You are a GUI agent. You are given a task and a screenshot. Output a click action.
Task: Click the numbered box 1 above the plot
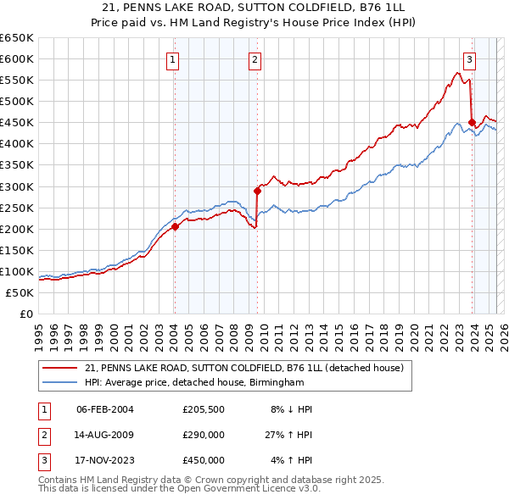coord(173,59)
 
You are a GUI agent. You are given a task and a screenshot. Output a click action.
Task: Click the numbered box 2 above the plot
coord(255,59)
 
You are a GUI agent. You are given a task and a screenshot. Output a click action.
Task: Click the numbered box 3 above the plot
coord(469,59)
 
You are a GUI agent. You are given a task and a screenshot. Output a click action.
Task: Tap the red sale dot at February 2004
coord(175,226)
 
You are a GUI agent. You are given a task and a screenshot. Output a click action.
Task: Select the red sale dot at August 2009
coord(257,190)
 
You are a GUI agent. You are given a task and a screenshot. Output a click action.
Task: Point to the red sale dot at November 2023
coord(472,122)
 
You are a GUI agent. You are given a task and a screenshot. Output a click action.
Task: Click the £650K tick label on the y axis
coord(17,38)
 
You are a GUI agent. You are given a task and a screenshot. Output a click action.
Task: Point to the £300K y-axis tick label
coord(17,186)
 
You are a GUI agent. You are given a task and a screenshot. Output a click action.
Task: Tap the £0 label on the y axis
coord(25,314)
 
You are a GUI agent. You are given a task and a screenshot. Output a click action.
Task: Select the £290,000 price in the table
coord(204,435)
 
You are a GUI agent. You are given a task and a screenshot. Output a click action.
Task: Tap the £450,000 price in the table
coord(204,460)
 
